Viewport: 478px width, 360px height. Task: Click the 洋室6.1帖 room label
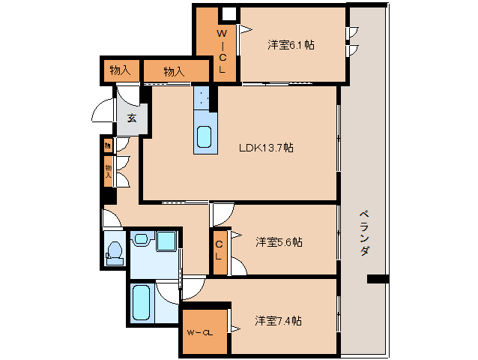click(x=291, y=45)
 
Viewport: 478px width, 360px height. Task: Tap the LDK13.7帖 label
click(x=266, y=148)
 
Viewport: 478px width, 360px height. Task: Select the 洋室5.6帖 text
click(x=279, y=242)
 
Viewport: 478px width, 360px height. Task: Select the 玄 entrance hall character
click(x=131, y=118)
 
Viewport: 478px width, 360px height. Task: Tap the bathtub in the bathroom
click(x=142, y=303)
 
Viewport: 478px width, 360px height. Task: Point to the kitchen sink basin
click(x=204, y=138)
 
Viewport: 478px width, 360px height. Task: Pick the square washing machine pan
click(x=166, y=241)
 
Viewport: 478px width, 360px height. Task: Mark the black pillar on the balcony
click(x=378, y=280)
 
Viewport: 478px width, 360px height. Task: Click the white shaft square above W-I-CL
click(x=229, y=13)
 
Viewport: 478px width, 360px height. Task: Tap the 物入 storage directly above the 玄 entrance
click(x=120, y=70)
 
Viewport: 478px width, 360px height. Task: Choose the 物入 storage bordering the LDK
click(x=174, y=71)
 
